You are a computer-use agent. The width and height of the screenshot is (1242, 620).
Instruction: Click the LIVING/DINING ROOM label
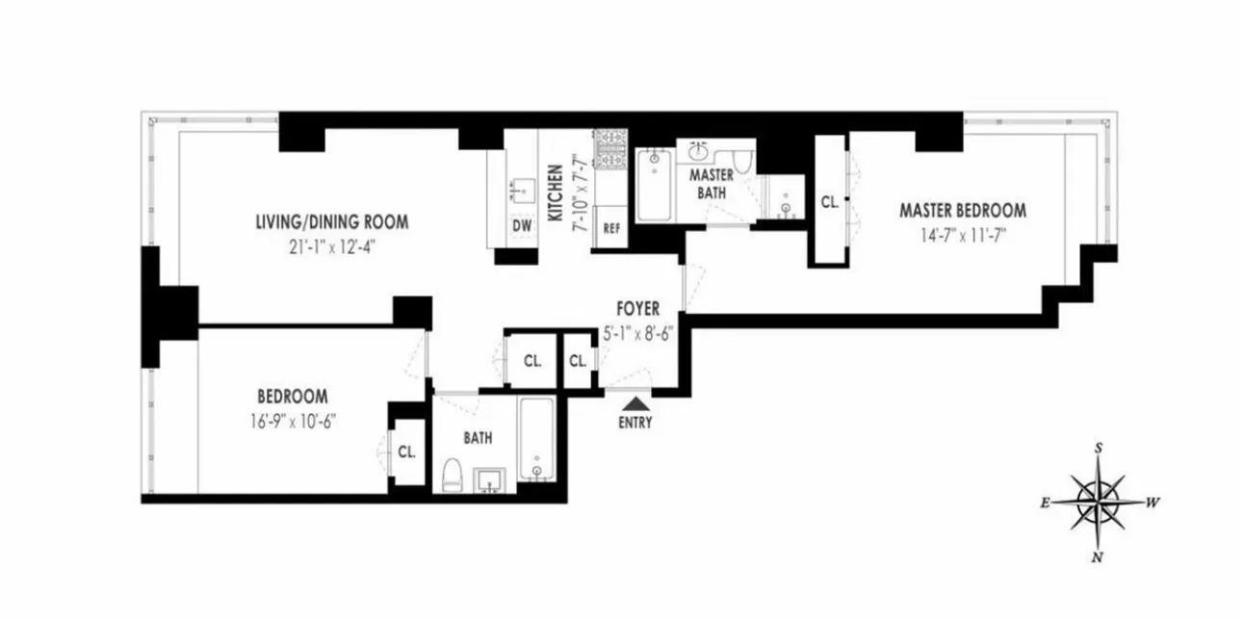tap(331, 222)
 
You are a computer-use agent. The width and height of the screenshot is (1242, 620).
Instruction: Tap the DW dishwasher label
tap(522, 225)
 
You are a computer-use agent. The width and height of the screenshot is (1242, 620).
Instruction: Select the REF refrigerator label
tap(610, 229)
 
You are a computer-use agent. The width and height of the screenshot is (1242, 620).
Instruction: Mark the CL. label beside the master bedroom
tap(829, 203)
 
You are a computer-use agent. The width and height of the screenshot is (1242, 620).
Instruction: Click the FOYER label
tap(638, 309)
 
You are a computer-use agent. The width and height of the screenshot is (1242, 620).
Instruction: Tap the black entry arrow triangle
tap(636, 402)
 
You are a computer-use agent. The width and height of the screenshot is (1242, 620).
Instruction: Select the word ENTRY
tap(636, 422)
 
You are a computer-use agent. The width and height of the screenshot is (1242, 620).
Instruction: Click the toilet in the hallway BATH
tap(451, 475)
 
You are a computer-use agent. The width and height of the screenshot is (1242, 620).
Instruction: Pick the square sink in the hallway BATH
tap(492, 478)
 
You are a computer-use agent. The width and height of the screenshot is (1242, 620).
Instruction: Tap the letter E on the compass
tap(1045, 503)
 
